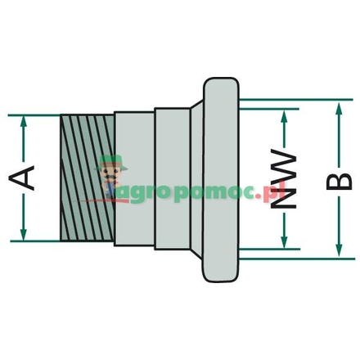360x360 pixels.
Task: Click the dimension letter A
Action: point(26,178)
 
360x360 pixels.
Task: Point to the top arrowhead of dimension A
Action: point(25,121)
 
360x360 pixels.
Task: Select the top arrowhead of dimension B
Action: point(337,104)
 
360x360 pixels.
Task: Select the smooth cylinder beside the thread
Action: point(134,178)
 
